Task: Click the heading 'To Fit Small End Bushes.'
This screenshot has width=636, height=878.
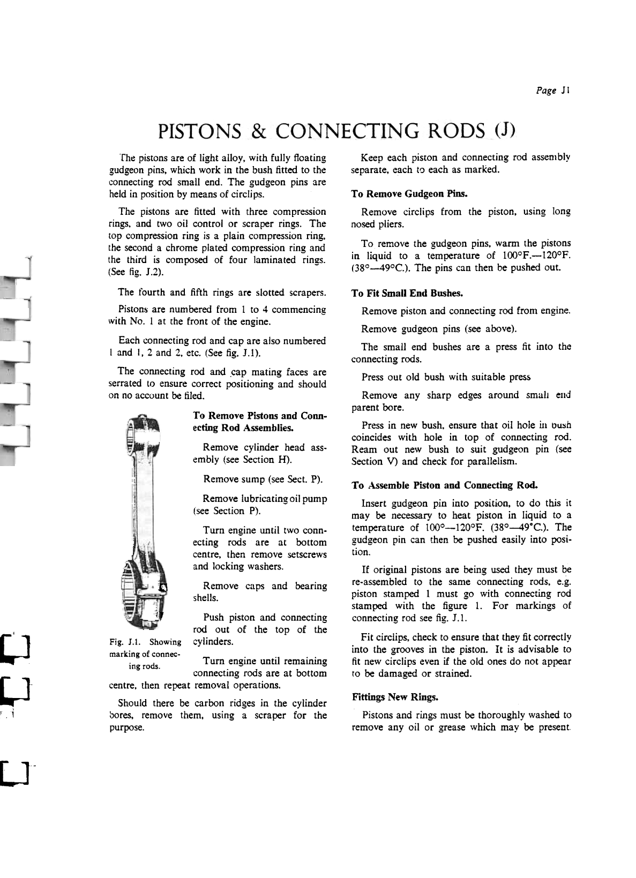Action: (407, 293)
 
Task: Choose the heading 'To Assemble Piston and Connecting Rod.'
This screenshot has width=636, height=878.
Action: (445, 485)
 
